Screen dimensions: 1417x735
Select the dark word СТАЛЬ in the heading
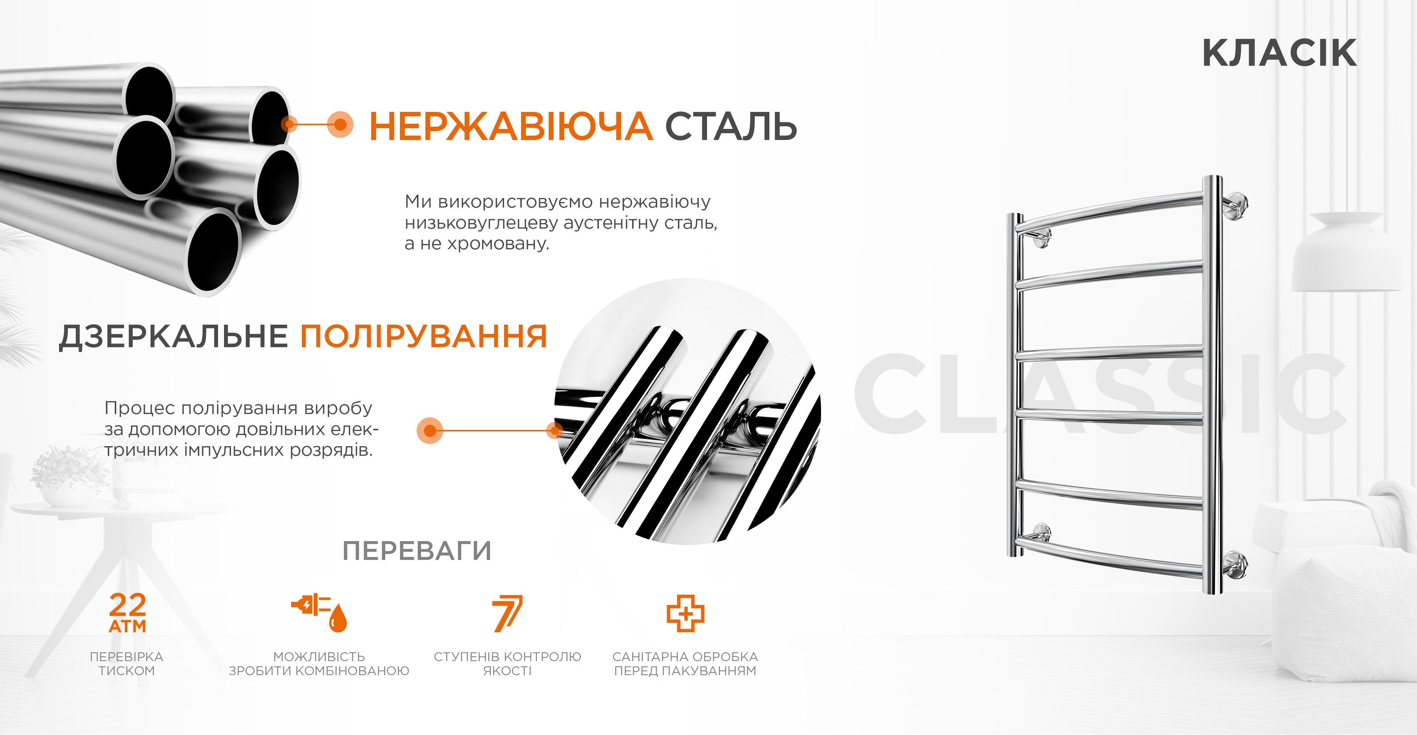coord(731,126)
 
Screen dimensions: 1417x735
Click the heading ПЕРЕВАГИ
coord(417,551)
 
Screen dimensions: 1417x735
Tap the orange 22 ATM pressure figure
coord(128,612)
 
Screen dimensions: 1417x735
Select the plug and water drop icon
coord(320,612)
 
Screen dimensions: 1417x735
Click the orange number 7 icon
coord(507,613)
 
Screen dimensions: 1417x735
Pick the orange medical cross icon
coord(685,613)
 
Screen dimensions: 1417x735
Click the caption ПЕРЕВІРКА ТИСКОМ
coord(127,663)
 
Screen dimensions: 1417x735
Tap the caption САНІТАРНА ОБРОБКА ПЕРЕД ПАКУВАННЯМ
coord(685,663)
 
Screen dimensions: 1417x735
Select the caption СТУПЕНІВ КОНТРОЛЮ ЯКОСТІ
coord(507,663)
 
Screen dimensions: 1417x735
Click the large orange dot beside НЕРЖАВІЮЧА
coord(341,124)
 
